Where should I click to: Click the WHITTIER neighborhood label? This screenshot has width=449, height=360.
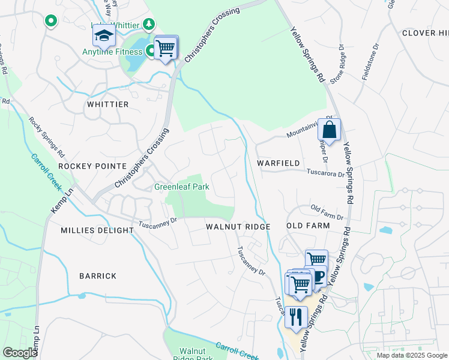(x=107, y=104)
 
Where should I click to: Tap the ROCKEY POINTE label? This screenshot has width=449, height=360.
(x=92, y=166)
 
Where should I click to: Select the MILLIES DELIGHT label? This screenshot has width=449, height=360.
(x=97, y=230)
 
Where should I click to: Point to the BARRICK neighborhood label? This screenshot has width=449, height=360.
(x=97, y=276)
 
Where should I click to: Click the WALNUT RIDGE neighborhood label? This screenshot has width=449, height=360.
(x=238, y=227)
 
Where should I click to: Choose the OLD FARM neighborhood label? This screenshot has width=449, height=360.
(x=308, y=226)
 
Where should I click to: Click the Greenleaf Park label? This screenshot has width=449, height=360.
(x=182, y=187)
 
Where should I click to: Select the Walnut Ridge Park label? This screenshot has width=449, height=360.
(x=196, y=355)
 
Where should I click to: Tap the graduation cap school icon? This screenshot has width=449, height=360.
(x=104, y=35)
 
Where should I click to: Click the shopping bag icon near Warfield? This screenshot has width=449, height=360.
(x=330, y=129)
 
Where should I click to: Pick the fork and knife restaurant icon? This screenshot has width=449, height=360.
(x=295, y=316)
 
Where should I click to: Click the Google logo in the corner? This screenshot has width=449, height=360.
(x=19, y=353)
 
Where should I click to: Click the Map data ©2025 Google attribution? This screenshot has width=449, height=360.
(x=411, y=355)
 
